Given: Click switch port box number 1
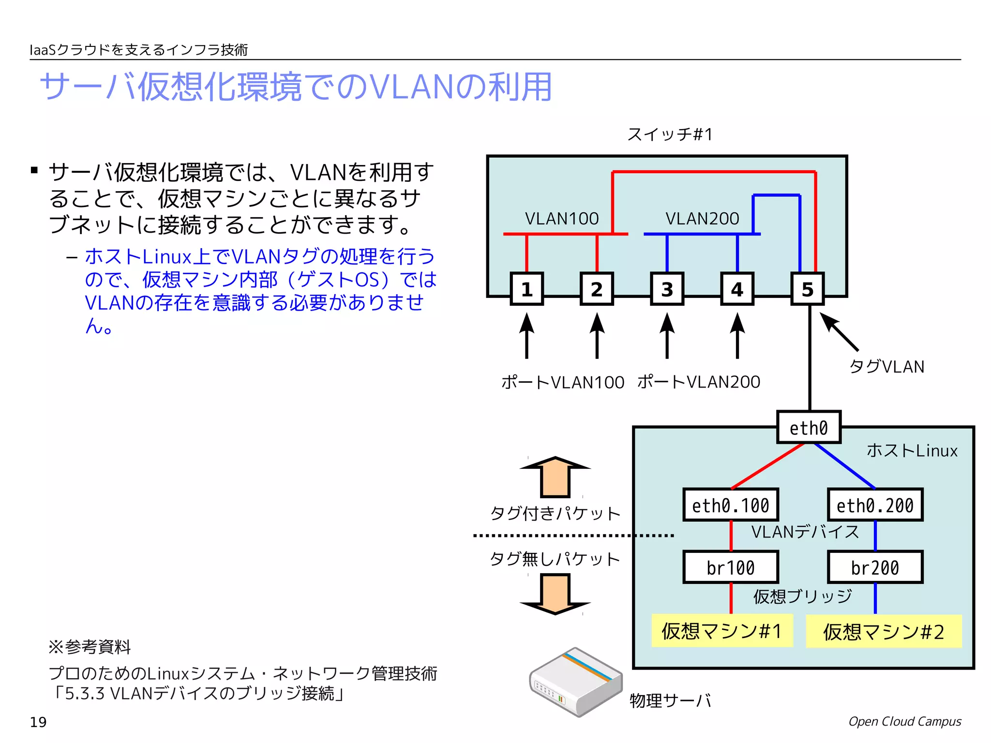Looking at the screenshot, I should tap(526, 289).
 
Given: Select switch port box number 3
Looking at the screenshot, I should tap(667, 289).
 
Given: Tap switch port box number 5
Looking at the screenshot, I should tap(807, 289).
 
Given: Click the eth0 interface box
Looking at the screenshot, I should tap(808, 428).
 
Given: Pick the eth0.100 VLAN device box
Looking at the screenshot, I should tap(730, 505).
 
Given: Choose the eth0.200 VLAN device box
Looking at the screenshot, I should tap(875, 505).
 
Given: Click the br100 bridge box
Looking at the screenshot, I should tap(730, 567).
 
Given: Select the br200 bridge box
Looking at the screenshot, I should tap(875, 567).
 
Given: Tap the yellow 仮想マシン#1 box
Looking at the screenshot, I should tap(721, 631).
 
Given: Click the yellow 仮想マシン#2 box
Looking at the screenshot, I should tap(883, 631).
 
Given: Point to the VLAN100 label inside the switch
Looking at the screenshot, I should tap(562, 219).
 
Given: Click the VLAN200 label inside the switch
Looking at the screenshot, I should tap(702, 219).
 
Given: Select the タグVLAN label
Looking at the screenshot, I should tap(886, 367).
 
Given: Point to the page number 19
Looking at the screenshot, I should tap(38, 722).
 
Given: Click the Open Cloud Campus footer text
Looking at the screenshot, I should tap(904, 721).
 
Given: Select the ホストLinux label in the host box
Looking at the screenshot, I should tap(912, 450).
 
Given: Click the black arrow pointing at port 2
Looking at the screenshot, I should tap(597, 336).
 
